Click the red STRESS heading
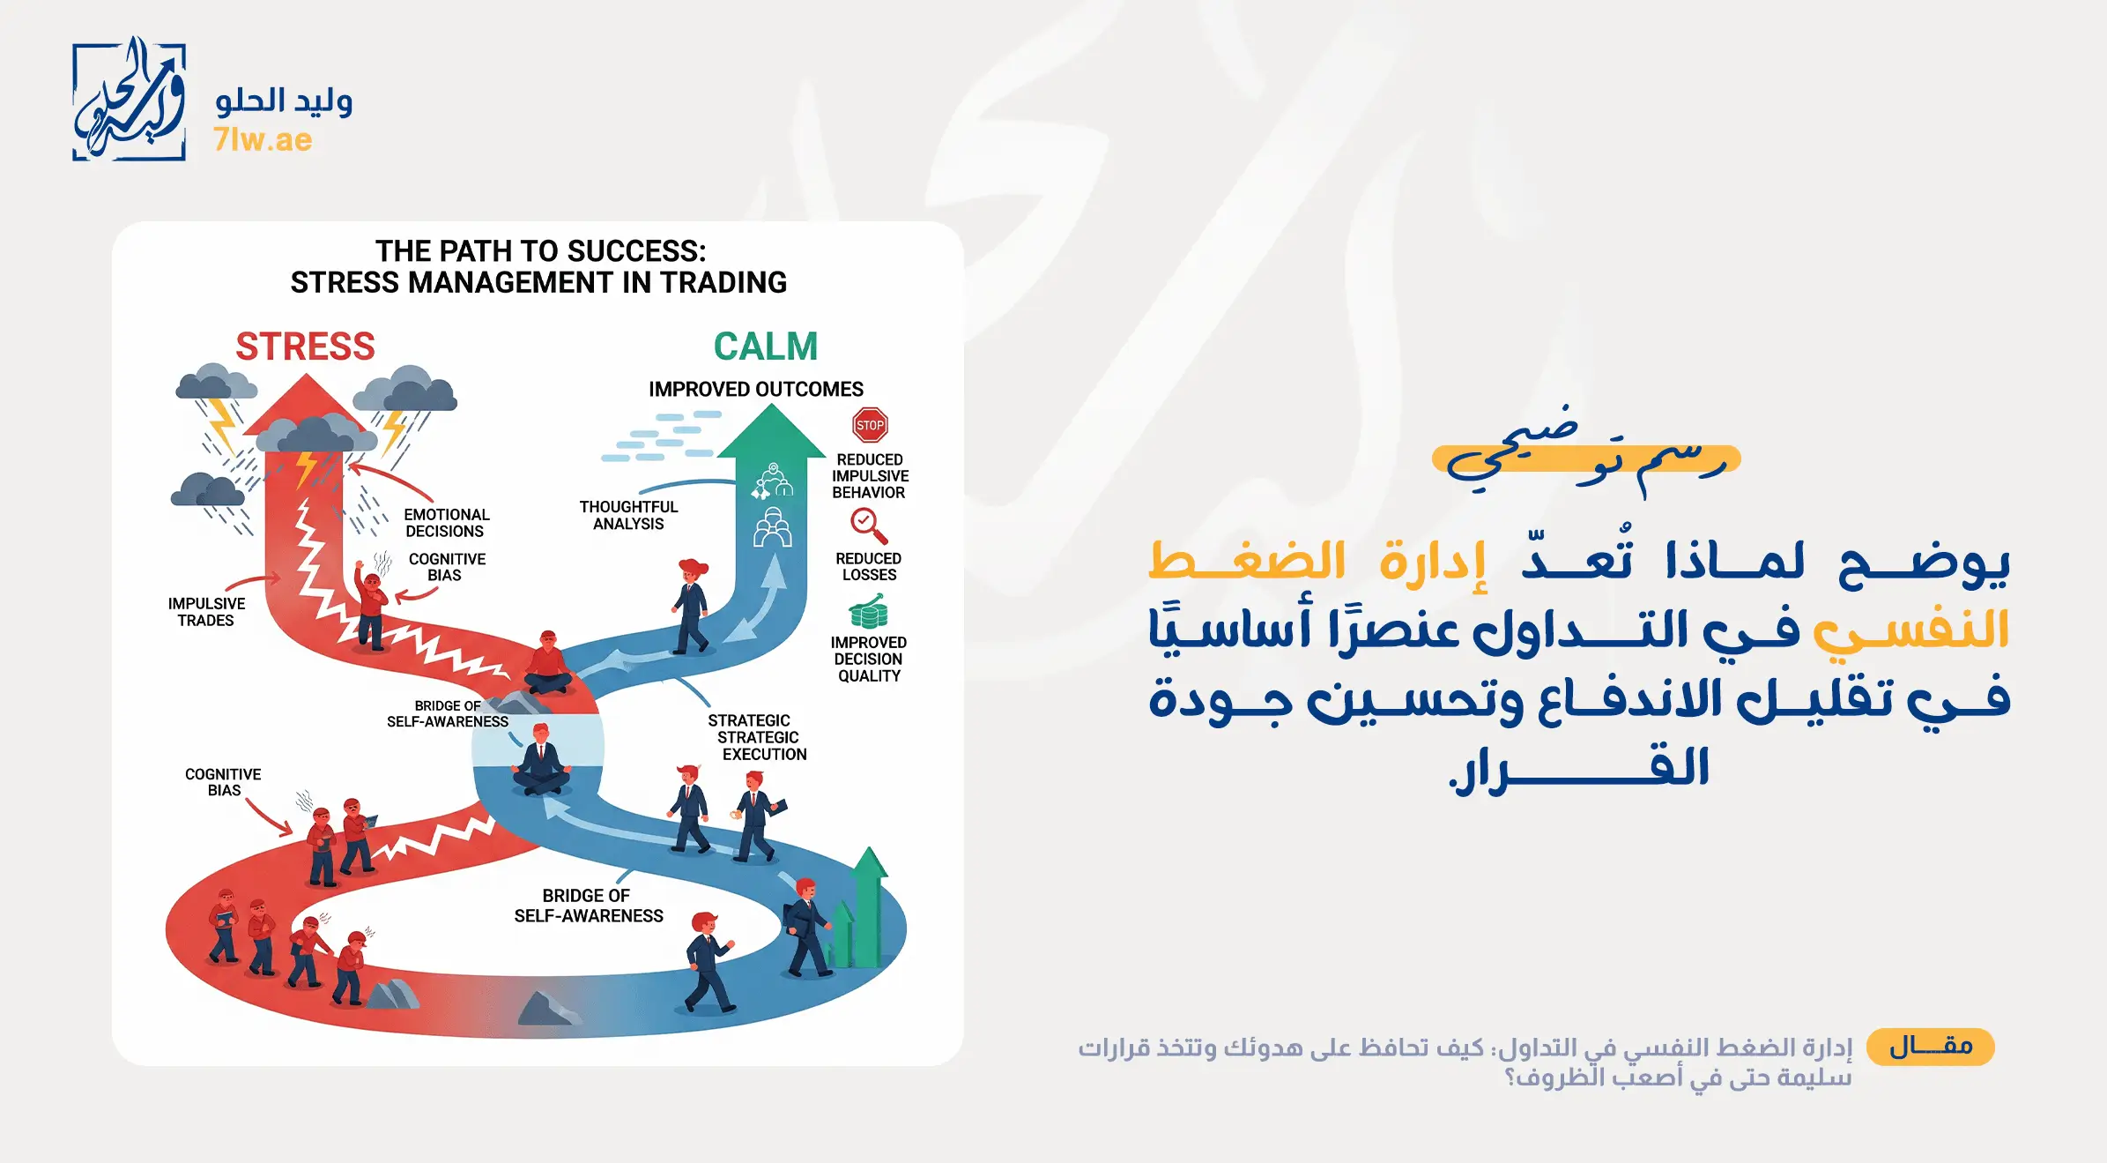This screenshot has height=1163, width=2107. click(x=305, y=347)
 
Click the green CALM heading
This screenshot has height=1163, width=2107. click(x=765, y=347)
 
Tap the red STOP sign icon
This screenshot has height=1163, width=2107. click(x=870, y=425)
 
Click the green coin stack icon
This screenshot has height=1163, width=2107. click(x=868, y=611)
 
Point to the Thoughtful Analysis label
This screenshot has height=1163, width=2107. click(x=628, y=515)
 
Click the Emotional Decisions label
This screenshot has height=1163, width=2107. click(x=446, y=523)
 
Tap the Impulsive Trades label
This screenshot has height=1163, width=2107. click(x=206, y=612)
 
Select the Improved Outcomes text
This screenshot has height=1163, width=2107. click(x=756, y=389)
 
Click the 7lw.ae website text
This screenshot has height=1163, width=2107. click(x=263, y=140)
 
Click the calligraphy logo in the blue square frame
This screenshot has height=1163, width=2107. click(x=129, y=101)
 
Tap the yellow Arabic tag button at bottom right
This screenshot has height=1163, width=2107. click(x=1930, y=1047)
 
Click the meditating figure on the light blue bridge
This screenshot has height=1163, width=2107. click(x=541, y=760)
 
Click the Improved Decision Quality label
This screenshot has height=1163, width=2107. click(x=868, y=660)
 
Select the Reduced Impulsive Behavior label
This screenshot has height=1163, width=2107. click(x=870, y=476)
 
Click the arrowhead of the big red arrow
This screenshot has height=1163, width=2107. click(x=306, y=401)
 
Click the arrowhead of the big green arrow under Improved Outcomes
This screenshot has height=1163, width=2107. click(x=771, y=432)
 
